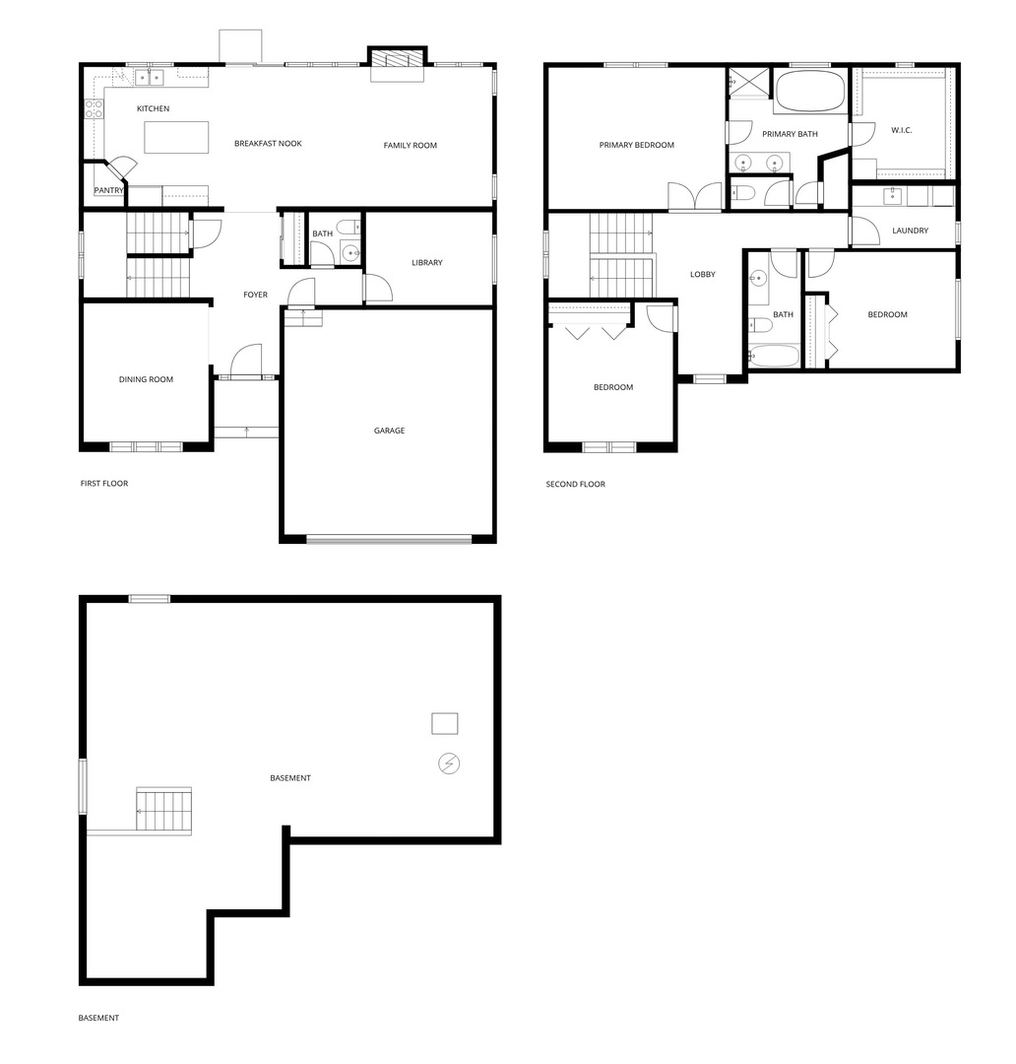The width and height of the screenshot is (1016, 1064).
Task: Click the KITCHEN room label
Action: click(154, 108)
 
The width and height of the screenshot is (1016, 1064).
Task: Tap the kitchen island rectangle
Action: click(176, 138)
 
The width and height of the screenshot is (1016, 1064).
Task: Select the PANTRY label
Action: click(108, 190)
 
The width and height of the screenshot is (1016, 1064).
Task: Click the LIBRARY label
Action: click(427, 263)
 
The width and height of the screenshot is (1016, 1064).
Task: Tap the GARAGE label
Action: click(389, 431)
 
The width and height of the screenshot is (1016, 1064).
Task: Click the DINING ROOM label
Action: click(146, 379)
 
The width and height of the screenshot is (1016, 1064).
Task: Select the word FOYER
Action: click(256, 295)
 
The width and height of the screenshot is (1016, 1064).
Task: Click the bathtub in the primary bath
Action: click(810, 91)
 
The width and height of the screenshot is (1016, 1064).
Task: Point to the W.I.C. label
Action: click(902, 130)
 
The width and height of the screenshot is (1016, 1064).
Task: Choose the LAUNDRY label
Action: click(911, 231)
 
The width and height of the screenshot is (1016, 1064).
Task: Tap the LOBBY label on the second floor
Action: click(703, 274)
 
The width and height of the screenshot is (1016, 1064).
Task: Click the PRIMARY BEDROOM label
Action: click(637, 145)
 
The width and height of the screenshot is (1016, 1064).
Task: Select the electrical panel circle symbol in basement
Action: click(449, 764)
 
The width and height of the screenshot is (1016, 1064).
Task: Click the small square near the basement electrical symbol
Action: click(445, 723)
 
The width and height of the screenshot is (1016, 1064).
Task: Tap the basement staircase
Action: click(163, 809)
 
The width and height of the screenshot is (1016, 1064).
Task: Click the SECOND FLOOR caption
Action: click(575, 484)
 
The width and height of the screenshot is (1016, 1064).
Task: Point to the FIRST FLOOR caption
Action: click(103, 483)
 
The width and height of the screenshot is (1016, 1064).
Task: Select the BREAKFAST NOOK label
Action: click(268, 143)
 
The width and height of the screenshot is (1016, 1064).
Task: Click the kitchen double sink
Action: click(150, 78)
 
